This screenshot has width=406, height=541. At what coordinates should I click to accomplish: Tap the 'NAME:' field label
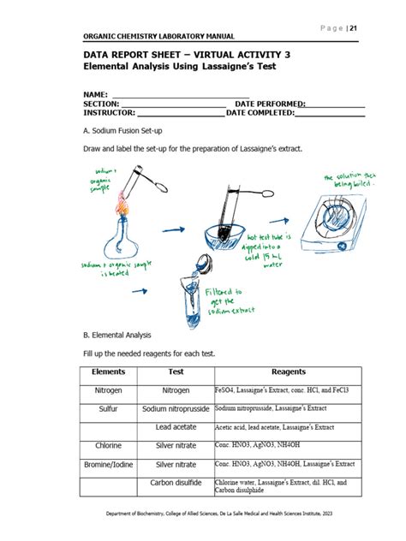tap(95, 93)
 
